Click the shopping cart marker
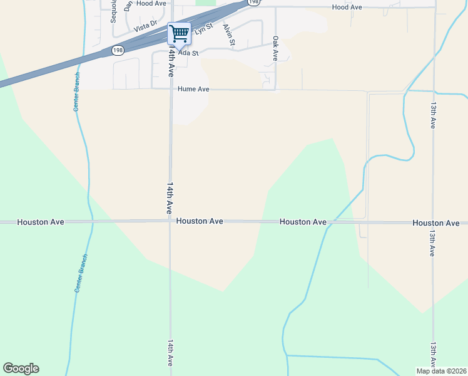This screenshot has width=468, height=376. pos(180,34)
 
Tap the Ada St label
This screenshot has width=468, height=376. pos(188,53)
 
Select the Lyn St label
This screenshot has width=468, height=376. pos(204,28)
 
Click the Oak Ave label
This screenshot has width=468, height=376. pos(275,48)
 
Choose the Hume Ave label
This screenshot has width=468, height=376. pos(193,90)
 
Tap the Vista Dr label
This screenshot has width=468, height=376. pos(145,29)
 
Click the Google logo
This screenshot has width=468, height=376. pos(21,368)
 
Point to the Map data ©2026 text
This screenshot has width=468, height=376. pos(440,370)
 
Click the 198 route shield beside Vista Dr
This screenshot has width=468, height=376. pos(118,50)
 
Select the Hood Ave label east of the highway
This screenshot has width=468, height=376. pos(347,7)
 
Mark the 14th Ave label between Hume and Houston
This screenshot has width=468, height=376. pos(170,199)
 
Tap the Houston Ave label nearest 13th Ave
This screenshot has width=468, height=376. pos(436,223)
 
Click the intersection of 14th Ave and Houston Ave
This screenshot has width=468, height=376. pos(170,222)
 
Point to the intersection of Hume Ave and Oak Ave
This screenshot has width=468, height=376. pos(275,90)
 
